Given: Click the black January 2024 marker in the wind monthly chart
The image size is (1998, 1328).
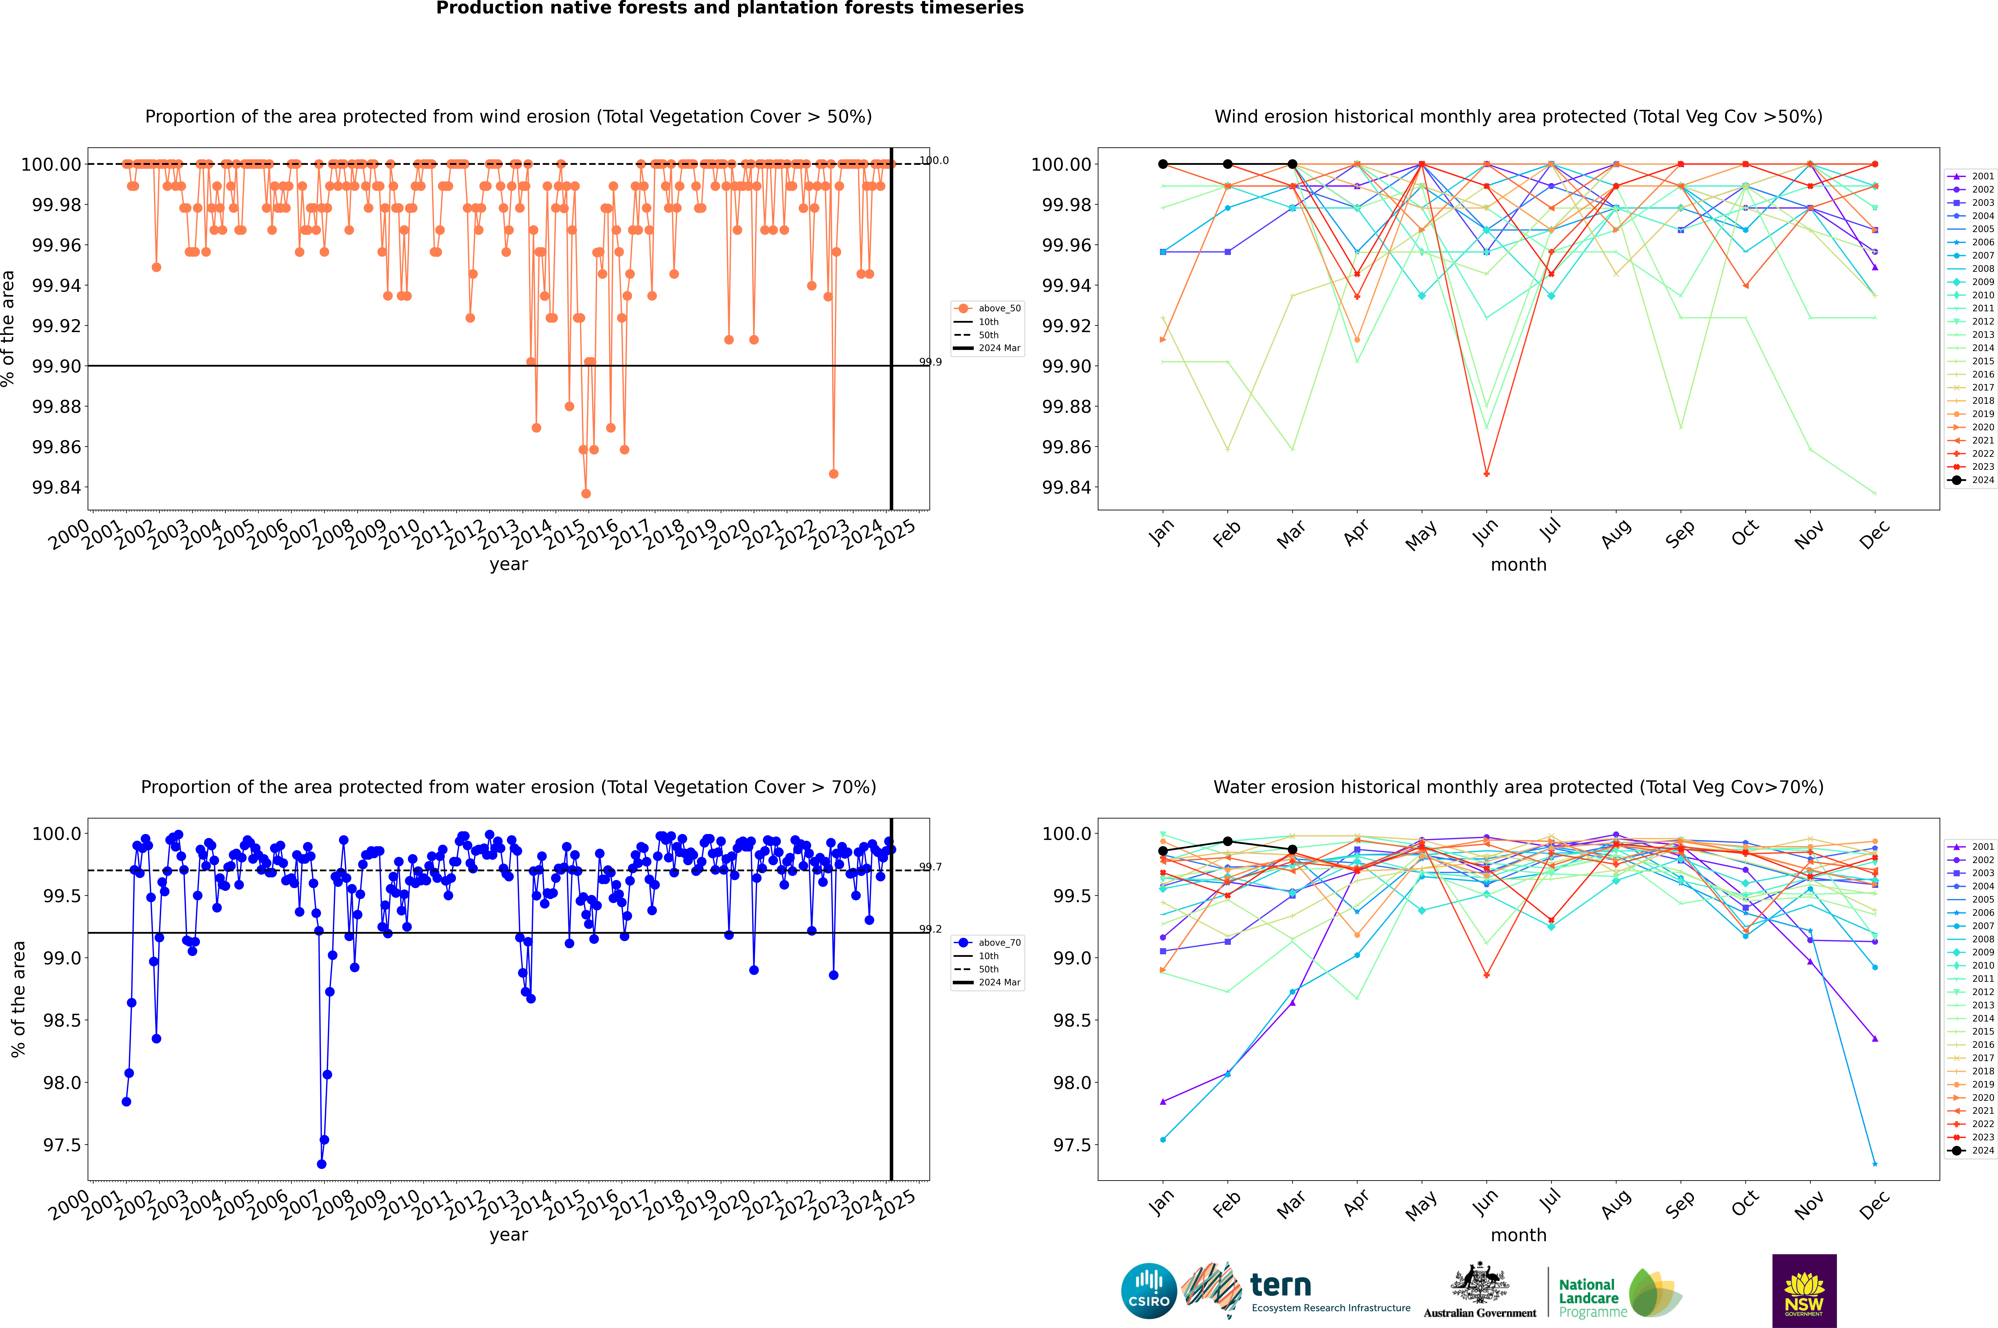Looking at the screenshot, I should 1163,164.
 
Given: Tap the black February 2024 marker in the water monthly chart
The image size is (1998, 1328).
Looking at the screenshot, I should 1227,842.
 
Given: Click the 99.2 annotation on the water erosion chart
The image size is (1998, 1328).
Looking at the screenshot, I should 930,929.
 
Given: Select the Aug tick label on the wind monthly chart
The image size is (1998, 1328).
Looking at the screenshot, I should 1616,533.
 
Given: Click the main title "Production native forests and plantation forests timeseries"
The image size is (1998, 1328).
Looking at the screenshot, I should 729,8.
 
